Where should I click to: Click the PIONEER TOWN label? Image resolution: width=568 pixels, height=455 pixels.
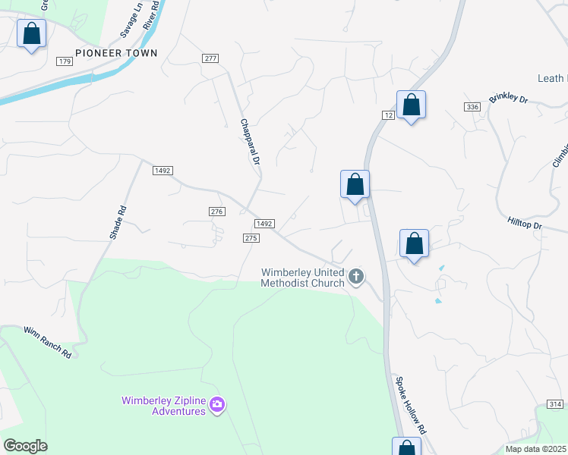[116, 53]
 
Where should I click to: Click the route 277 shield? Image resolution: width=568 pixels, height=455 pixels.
[210, 58]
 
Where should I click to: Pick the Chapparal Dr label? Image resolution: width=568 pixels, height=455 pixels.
[250, 142]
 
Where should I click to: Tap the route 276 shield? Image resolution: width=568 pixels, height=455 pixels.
[216, 212]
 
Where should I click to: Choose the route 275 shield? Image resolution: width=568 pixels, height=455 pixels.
[252, 237]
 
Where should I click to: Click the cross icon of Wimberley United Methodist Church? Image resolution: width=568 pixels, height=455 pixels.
[356, 278]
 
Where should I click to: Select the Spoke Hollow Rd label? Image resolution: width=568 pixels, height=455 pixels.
[411, 403]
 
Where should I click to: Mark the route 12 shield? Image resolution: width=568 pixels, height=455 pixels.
[387, 114]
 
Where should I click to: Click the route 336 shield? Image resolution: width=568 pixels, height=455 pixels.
[472, 107]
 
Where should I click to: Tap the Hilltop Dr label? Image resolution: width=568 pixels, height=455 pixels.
[525, 224]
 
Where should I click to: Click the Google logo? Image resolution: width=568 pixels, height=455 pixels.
[25, 446]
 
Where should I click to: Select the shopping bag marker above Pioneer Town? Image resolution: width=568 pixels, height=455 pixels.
[32, 34]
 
